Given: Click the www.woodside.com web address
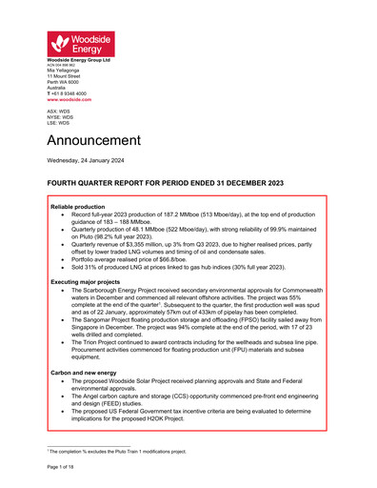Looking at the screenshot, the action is point(67,99).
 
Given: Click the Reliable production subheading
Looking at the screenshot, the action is point(82,206).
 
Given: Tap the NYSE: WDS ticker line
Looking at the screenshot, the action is point(59,117).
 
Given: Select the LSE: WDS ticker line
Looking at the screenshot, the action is point(58,123).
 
